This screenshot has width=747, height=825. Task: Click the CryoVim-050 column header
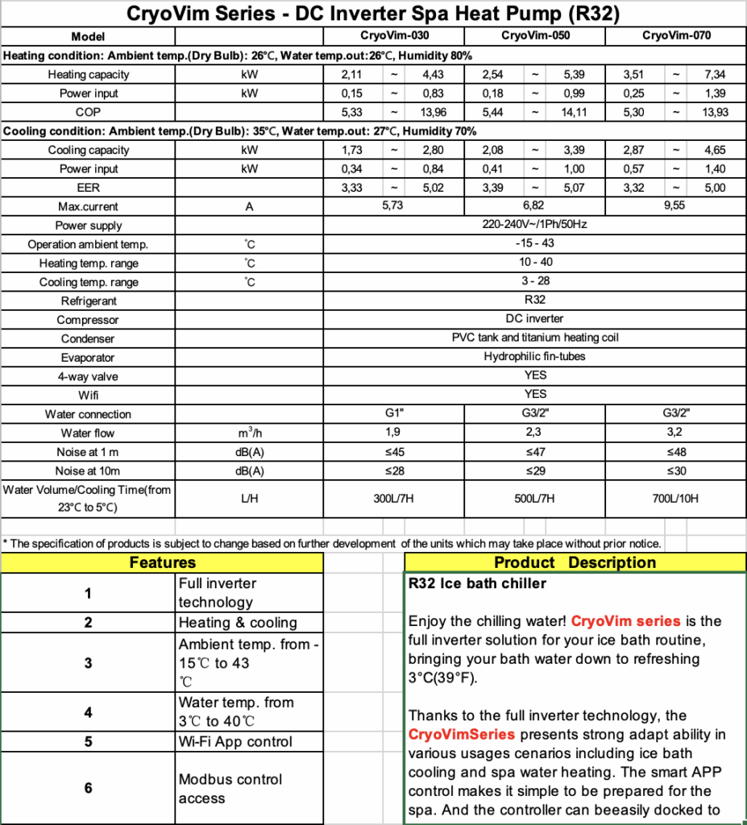tap(534, 36)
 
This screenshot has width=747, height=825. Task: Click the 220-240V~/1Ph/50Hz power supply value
tap(534, 225)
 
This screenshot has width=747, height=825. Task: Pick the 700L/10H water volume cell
tap(675, 499)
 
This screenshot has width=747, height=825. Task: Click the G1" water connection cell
tap(394, 414)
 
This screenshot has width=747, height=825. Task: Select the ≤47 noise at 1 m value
tap(534, 452)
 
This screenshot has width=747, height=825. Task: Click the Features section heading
tap(162, 562)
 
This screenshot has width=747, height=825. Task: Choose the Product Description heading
tap(575, 562)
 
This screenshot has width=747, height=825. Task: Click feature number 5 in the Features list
tap(88, 741)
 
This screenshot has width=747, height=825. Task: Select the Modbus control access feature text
tap(230, 789)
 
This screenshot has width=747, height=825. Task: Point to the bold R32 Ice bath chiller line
tap(477, 583)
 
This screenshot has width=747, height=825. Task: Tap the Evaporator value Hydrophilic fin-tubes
tap(534, 357)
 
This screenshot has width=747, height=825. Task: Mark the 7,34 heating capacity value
tap(714, 75)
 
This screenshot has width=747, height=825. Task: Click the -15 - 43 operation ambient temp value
tap(534, 243)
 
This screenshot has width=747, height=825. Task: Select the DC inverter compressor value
tap(534, 319)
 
